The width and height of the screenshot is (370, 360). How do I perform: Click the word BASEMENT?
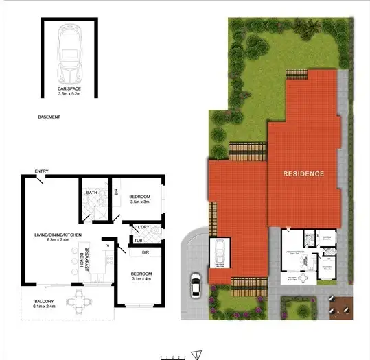coord(49,118)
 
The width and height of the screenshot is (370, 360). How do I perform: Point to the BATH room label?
coord(91,193)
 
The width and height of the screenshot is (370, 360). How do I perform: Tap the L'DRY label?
coord(143,228)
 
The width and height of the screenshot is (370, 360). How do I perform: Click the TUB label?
coord(138,240)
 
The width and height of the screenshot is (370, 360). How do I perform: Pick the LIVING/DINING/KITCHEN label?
coord(58,235)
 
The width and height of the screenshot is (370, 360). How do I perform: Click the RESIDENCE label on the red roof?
coord(303,174)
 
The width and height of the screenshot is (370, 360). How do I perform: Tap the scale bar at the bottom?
coord(173,356)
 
